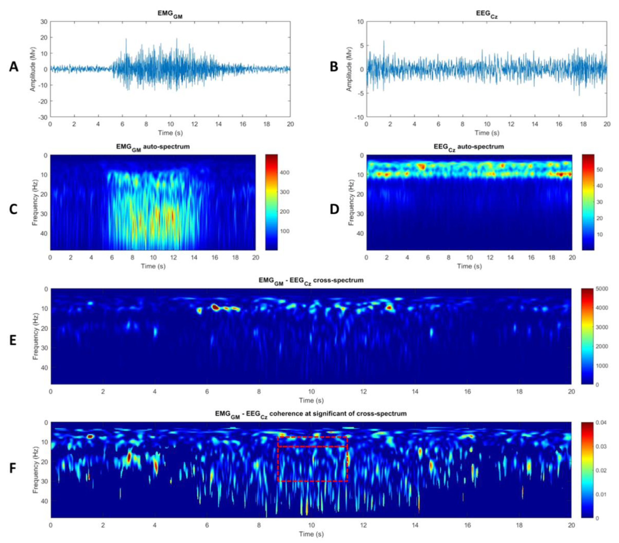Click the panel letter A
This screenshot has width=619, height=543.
14,67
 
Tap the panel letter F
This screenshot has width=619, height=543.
13,468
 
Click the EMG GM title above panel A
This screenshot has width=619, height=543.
170,15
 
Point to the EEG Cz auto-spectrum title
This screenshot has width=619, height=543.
469,147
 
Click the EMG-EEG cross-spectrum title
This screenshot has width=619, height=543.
311,280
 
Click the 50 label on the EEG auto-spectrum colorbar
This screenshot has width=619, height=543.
599,170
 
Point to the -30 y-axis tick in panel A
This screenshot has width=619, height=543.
42,117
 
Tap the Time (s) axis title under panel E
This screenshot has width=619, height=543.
311,400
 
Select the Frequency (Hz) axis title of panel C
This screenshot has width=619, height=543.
35,203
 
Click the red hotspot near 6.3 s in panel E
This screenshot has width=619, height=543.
215,308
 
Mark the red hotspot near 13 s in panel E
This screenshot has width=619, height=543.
389,308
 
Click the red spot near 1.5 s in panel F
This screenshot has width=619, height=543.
90,437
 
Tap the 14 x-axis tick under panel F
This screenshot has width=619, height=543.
415,525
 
